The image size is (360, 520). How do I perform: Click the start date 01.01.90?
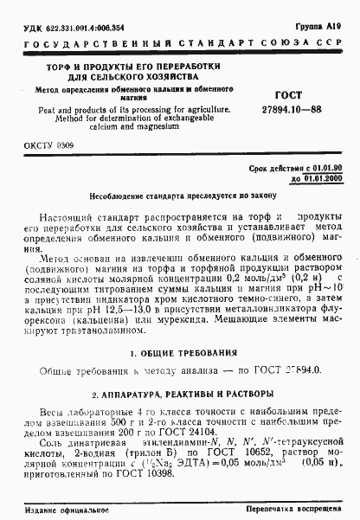click(x=321, y=175)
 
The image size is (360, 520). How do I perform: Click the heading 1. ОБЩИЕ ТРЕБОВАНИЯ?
click(x=180, y=355)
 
